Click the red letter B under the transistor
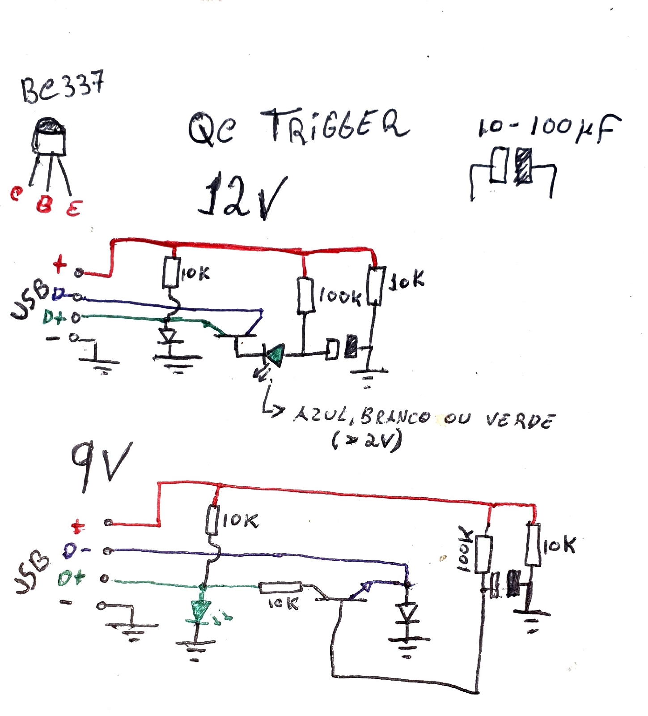pos(44,205)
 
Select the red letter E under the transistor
pos(74,209)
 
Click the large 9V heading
pos(101,465)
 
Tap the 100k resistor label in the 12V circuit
pos(340,296)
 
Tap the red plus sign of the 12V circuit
pos(59,264)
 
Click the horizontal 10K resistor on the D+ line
pos(281,588)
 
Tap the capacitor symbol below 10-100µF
pos(512,166)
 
